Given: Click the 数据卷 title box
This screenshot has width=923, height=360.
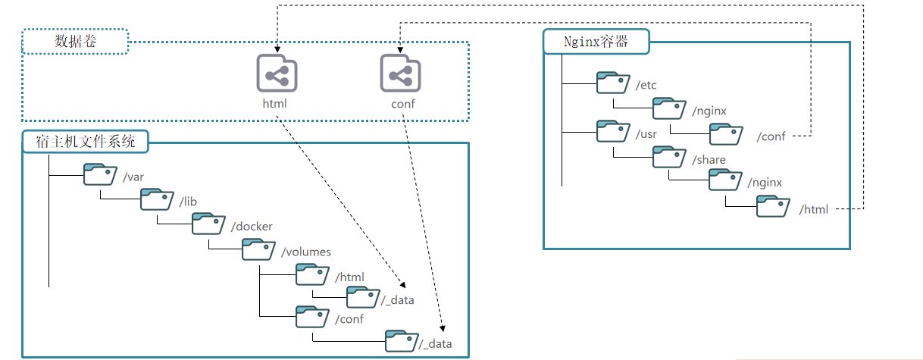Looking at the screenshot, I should (75, 42).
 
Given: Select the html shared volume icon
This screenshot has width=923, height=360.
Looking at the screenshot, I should (277, 74).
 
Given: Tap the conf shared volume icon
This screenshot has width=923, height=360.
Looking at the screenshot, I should (400, 74).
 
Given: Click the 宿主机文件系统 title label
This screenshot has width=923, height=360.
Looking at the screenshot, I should (85, 141).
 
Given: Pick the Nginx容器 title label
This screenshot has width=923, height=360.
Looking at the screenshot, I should (596, 42).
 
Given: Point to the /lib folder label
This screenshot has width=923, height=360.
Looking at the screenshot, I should (189, 201).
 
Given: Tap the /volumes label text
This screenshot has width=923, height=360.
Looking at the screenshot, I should (306, 252).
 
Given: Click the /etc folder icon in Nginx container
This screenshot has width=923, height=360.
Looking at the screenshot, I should (612, 83).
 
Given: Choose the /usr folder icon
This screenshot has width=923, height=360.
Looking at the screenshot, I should (612, 131).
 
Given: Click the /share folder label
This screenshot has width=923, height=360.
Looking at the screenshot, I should (709, 160).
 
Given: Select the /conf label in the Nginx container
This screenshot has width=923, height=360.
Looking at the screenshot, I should (771, 137).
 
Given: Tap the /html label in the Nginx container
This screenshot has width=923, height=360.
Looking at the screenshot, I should (814, 209).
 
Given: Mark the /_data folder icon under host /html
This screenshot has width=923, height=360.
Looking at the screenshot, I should (362, 298).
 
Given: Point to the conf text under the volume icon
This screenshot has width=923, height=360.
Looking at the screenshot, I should (402, 104).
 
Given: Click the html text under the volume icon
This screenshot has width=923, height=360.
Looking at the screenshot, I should (275, 104).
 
